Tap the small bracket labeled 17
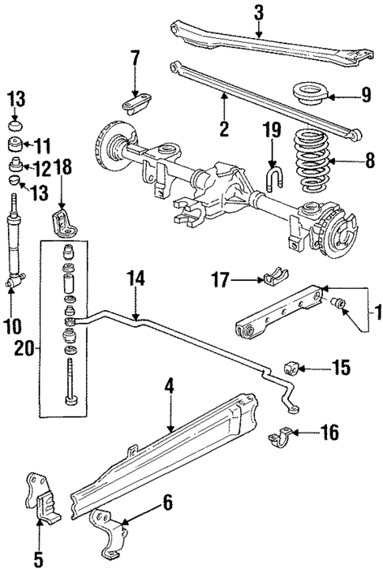tap(270, 279)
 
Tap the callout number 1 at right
tap(376, 312)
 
